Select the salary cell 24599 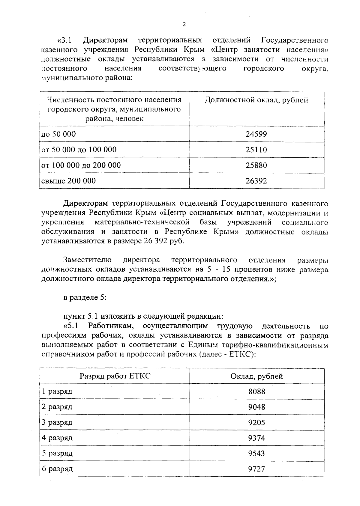tap(256, 134)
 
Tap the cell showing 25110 tap(256, 150)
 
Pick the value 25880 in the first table tap(256, 165)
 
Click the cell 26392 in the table tap(256, 181)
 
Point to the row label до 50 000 tap(58, 134)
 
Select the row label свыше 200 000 tap(69, 181)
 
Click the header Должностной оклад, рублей tap(256, 100)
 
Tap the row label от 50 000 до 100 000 tap(79, 150)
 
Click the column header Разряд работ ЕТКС tap(115, 376)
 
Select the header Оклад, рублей tap(256, 376)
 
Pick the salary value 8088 tap(256, 391)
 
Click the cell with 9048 tap(256, 407)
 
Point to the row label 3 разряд tap(57, 422)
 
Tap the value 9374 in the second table tap(256, 438)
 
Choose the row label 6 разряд tap(57, 469)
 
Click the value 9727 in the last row tap(256, 469)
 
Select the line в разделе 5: tap(85, 297)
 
